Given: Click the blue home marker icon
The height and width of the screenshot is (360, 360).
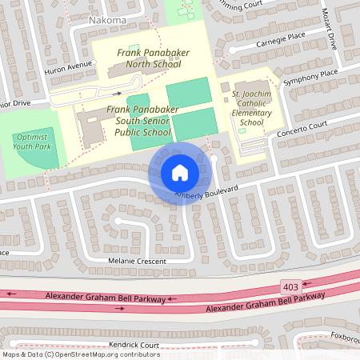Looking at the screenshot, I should tap(180, 172).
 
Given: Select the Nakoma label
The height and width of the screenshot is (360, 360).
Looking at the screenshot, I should tap(106, 18).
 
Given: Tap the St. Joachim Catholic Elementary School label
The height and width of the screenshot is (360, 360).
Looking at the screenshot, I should tap(251, 110).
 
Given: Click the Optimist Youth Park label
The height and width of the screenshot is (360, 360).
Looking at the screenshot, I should tap(31, 142).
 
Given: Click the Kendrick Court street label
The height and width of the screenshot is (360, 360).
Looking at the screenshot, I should tap(134, 346).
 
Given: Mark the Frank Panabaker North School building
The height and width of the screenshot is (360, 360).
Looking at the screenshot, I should tap(128, 71).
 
